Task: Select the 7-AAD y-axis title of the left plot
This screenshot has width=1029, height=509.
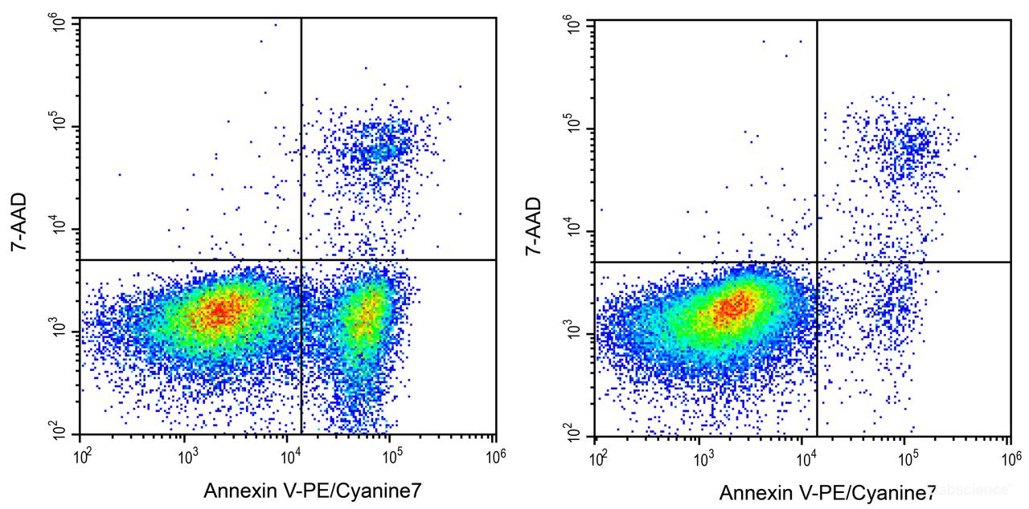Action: (21, 222)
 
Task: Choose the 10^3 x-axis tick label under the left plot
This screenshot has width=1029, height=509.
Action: (187, 457)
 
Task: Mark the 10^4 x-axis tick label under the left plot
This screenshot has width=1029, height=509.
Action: (290, 457)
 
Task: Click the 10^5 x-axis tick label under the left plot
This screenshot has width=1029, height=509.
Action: (393, 457)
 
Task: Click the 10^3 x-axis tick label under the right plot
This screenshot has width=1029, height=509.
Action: (703, 459)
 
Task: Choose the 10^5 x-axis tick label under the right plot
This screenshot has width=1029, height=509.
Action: (908, 459)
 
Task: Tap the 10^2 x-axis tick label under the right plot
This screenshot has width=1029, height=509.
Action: (599, 459)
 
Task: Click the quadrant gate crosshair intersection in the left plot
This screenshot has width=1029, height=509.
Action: (301, 259)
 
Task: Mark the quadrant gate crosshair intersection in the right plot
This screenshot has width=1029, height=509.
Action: (817, 262)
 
